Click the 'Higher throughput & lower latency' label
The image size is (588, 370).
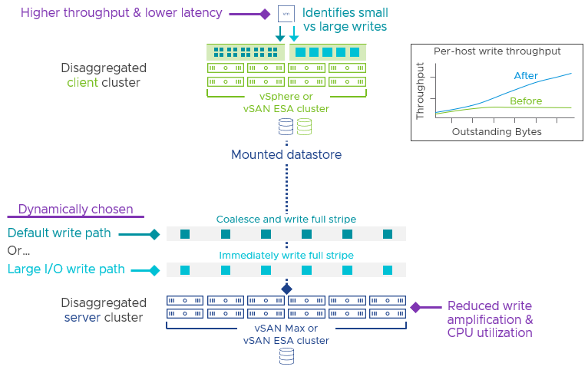[x=121, y=13]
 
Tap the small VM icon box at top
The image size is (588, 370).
[x=286, y=14]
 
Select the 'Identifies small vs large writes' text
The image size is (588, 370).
[x=346, y=21]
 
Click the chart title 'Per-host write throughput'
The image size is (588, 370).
[x=497, y=51]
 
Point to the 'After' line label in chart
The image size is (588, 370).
[x=525, y=75]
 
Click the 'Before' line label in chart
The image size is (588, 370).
[x=526, y=101]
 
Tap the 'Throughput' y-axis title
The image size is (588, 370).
[x=420, y=91]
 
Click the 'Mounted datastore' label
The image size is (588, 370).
[x=286, y=154]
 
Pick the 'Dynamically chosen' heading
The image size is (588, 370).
[x=75, y=210]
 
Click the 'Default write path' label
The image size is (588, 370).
[x=59, y=233]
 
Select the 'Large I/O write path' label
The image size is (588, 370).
[x=65, y=269]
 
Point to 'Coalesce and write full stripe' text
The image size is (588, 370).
[x=286, y=219]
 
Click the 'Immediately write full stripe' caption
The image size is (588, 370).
[x=286, y=255]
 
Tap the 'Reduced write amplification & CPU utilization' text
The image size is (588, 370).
[x=490, y=319]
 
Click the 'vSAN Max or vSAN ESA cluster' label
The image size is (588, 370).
[x=286, y=334]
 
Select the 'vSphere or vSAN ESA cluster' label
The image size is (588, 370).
[x=286, y=102]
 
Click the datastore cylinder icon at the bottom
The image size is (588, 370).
[x=286, y=355]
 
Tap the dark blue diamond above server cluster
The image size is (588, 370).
[x=286, y=289]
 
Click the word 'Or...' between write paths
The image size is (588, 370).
[x=19, y=251]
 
